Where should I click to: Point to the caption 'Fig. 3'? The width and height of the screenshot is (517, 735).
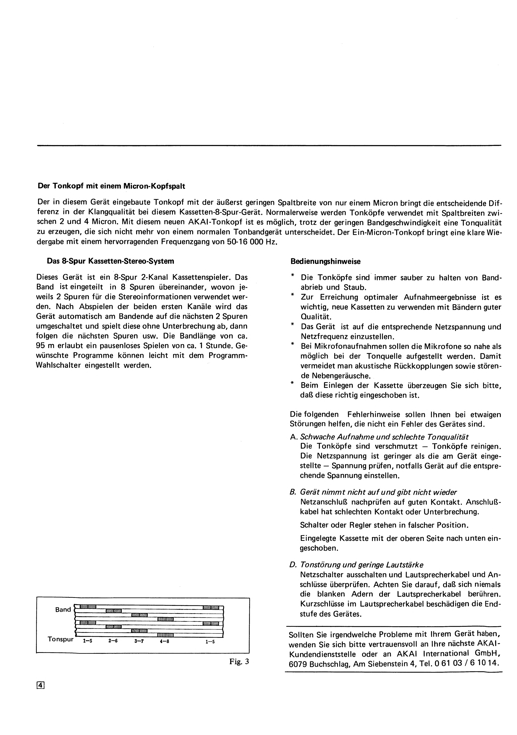pyautogui.click(x=239, y=662)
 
